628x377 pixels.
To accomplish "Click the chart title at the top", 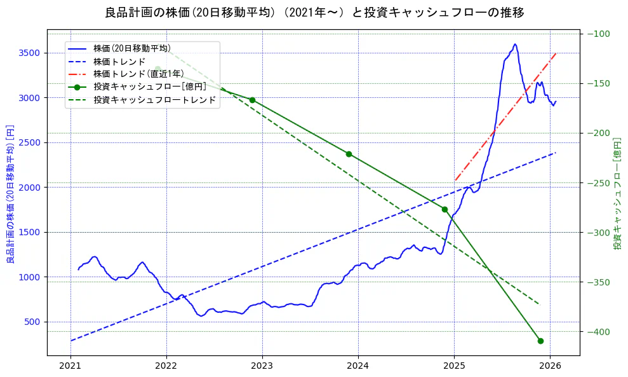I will point(314,13).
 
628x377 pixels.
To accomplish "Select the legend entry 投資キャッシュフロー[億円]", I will point(149,87).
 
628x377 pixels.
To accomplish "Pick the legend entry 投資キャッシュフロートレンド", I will point(154,100).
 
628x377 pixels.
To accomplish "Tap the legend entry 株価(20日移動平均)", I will point(131,48).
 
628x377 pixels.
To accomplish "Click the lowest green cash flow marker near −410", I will point(540,341).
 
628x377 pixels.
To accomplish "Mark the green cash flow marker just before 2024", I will point(349,154).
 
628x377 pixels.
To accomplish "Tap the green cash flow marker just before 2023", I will point(252,100).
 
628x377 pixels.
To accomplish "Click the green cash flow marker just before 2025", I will point(444,209).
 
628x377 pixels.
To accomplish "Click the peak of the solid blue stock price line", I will point(515,45).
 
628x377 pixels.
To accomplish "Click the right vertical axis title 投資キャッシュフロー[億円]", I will point(617,193).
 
